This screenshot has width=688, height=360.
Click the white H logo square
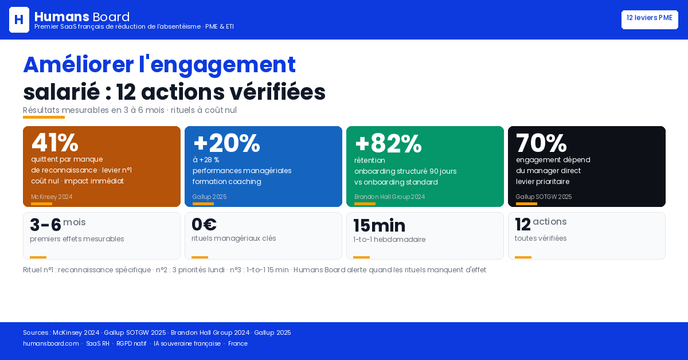[19, 19]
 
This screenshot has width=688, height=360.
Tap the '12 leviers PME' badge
[650, 19]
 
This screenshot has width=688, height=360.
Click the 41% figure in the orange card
[55, 142]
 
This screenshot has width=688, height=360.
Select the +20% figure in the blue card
[226, 143]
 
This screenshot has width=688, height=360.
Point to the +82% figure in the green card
[388, 143]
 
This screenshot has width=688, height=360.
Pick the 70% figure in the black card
[541, 143]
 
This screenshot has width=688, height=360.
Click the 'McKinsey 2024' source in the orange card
[52, 197]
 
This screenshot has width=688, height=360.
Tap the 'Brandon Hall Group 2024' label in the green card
[389, 197]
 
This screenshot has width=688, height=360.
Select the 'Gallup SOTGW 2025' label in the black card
[544, 197]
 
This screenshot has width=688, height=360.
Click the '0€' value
[204, 224]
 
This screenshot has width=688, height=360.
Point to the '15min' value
[380, 225]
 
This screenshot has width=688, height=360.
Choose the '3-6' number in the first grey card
[45, 225]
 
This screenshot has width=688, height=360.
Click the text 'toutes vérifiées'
[541, 238]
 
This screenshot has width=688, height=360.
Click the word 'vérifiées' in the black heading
[277, 92]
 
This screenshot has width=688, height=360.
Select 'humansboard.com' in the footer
[50, 343]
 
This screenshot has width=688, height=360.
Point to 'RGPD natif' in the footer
[131, 343]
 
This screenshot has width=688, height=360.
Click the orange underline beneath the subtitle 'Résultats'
[44, 117]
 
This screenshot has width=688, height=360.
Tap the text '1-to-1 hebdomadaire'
[389, 240]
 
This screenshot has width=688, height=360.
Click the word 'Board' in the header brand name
[111, 17]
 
